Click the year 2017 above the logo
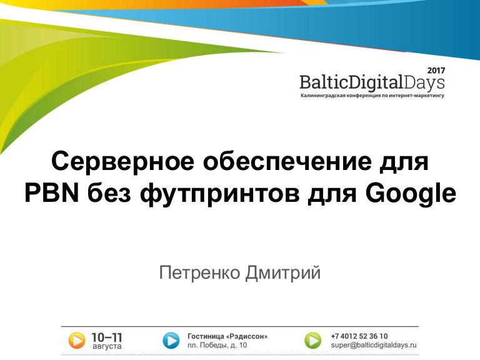point(436,71)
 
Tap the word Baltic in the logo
point(324,82)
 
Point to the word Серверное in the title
point(122,161)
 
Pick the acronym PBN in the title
point(52,193)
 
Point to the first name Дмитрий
point(283,272)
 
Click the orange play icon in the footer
point(76,341)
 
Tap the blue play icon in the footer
point(171,341)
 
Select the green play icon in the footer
point(313,341)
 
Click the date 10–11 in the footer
point(107,337)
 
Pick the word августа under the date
point(107,346)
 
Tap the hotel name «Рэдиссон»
point(247,336)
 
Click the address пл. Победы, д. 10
point(217,345)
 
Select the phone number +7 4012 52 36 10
point(359,336)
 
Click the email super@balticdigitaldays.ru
point(374,345)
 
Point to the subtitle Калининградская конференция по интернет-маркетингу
point(372,96)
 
